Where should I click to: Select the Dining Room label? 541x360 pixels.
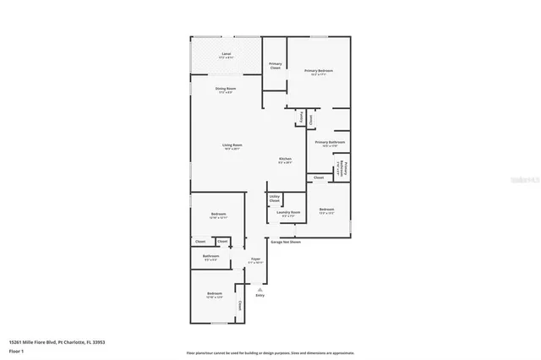[x=225, y=89]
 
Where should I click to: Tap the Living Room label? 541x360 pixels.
[x=232, y=145]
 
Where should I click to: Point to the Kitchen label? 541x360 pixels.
[x=286, y=160]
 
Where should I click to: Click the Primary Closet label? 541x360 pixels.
[x=275, y=65]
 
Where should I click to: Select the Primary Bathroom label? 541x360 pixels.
[x=326, y=143]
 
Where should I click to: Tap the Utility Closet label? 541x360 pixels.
[x=275, y=199]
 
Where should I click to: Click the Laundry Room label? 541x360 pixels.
[x=289, y=212]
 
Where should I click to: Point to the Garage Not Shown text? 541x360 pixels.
[x=286, y=242]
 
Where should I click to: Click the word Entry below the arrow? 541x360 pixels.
[x=260, y=295]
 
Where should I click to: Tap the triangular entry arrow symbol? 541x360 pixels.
[x=260, y=286]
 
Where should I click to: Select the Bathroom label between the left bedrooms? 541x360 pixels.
[x=210, y=256]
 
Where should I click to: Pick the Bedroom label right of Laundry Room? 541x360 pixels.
[x=326, y=210]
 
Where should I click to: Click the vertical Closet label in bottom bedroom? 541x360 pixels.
[x=239, y=305]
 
